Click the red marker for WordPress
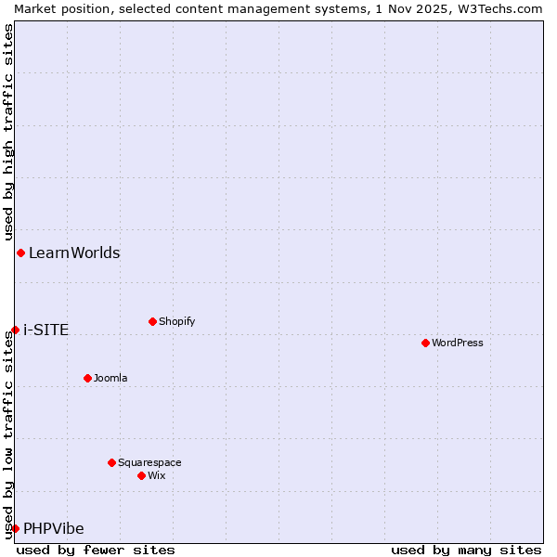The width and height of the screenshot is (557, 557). [425, 343]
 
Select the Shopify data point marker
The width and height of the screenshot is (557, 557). [152, 321]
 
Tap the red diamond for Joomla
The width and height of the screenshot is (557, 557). [87, 378]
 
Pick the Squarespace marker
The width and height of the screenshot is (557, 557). [111, 462]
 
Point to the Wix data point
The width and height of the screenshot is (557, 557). [141, 475]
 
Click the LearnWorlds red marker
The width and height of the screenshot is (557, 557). [20, 253]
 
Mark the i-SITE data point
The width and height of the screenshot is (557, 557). [15, 330]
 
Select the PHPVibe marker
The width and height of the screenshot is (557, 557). [15, 528]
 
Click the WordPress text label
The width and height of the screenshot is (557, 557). [458, 343]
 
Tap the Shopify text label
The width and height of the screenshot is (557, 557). [177, 321]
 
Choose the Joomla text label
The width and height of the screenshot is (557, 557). [110, 378]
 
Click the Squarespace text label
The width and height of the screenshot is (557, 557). [149, 462]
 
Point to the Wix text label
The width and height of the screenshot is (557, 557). [157, 475]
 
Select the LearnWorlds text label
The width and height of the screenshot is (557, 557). [74, 253]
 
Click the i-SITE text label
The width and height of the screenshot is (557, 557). [45, 330]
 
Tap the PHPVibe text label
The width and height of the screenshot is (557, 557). [54, 528]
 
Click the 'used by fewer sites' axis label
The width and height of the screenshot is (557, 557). [96, 550]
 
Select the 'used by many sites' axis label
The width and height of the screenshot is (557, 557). [466, 550]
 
